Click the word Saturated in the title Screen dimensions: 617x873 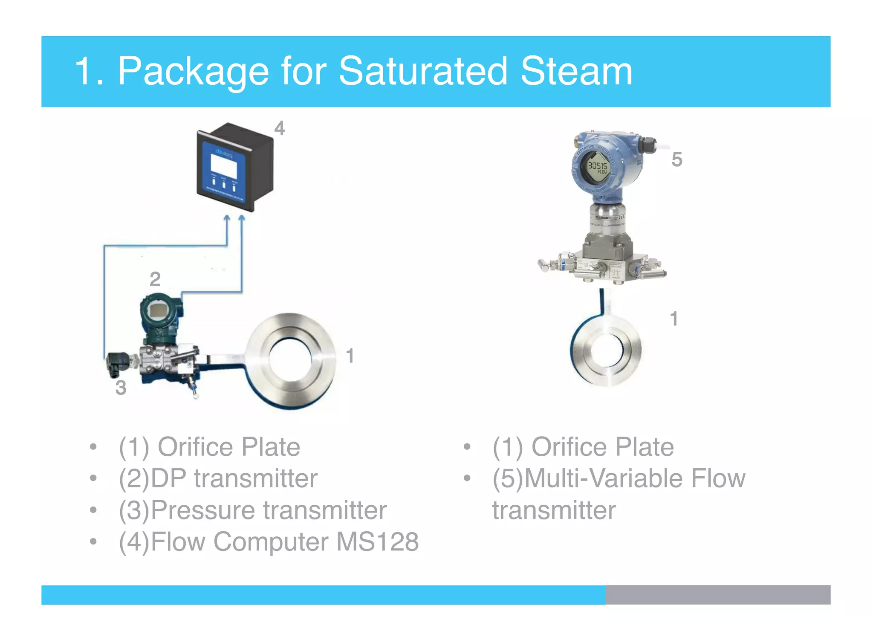(422, 71)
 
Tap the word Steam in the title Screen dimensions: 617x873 (576, 71)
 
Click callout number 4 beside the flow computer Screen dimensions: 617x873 (279, 128)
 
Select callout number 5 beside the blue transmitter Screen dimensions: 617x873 (676, 159)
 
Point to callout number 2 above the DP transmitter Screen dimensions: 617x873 (155, 279)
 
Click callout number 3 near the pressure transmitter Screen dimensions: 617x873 (121, 388)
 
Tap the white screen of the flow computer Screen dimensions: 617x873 (224, 166)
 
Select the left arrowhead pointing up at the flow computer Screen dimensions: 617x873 (227, 219)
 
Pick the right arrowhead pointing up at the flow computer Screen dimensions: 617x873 (242, 219)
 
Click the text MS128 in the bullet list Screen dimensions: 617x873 (377, 542)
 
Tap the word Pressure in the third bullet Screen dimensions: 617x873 (203, 510)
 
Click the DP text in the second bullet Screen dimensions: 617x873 (169, 478)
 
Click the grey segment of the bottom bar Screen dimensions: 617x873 (717, 594)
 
